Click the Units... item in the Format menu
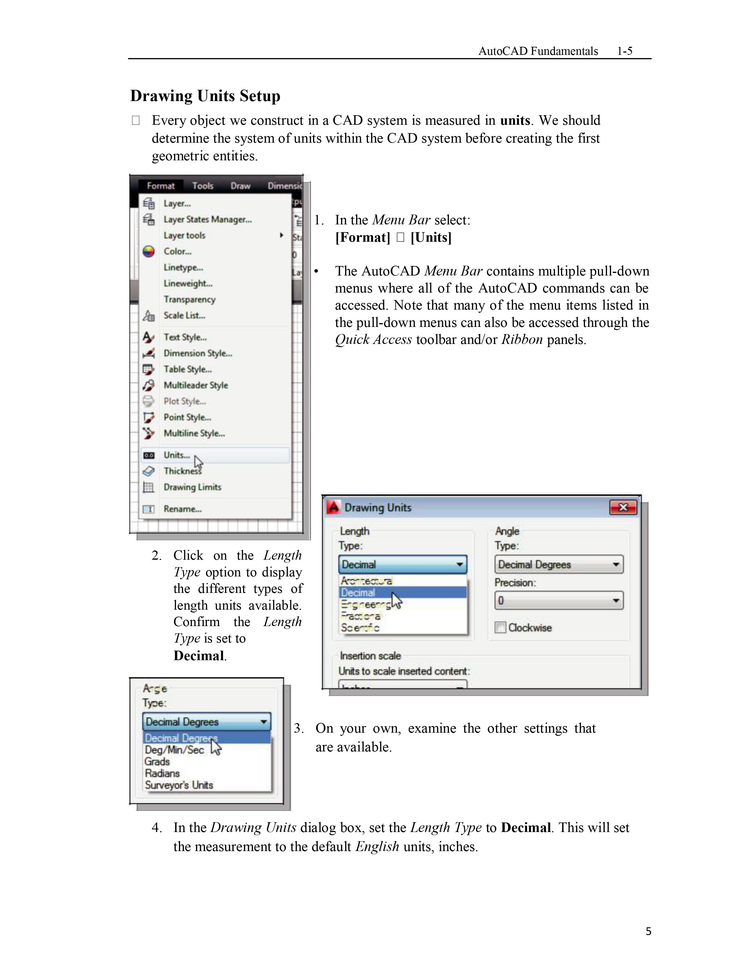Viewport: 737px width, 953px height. click(177, 455)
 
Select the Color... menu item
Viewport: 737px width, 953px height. click(177, 251)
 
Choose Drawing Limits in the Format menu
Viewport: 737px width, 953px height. click(192, 487)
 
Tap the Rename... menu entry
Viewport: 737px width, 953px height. click(182, 509)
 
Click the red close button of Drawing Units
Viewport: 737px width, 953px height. click(623, 507)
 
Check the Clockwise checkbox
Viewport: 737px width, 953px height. click(500, 628)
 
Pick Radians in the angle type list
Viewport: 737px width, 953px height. click(162, 773)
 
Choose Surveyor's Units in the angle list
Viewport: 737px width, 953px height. click(179, 785)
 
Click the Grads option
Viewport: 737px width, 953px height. click(157, 762)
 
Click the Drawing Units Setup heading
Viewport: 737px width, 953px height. click(205, 96)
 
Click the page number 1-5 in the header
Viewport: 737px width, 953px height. click(624, 51)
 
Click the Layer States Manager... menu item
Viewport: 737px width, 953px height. click(208, 219)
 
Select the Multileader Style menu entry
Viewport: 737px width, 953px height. click(196, 385)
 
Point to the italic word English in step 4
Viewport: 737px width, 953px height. click(377, 846)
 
